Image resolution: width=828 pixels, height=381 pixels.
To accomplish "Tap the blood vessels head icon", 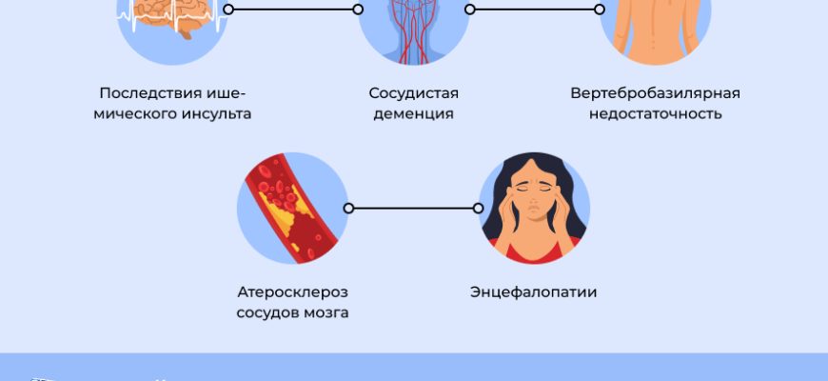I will coord(413,24).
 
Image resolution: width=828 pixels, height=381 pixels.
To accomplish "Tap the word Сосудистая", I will coord(414,93).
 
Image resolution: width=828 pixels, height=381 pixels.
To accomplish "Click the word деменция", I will coord(414,114).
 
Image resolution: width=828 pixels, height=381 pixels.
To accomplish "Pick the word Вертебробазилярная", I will coord(656,93).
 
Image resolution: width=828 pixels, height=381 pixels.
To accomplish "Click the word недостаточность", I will coord(656,114).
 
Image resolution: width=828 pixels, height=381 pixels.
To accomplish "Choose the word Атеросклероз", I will coord(291,291).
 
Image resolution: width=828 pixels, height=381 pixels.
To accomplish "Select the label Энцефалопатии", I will coord(534,291).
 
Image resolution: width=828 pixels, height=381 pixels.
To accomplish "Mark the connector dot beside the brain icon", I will coord(228,10).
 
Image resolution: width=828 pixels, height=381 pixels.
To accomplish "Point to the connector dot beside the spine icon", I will coord(599,10).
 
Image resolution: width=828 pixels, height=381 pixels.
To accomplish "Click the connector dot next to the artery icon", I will coord(348,208).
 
